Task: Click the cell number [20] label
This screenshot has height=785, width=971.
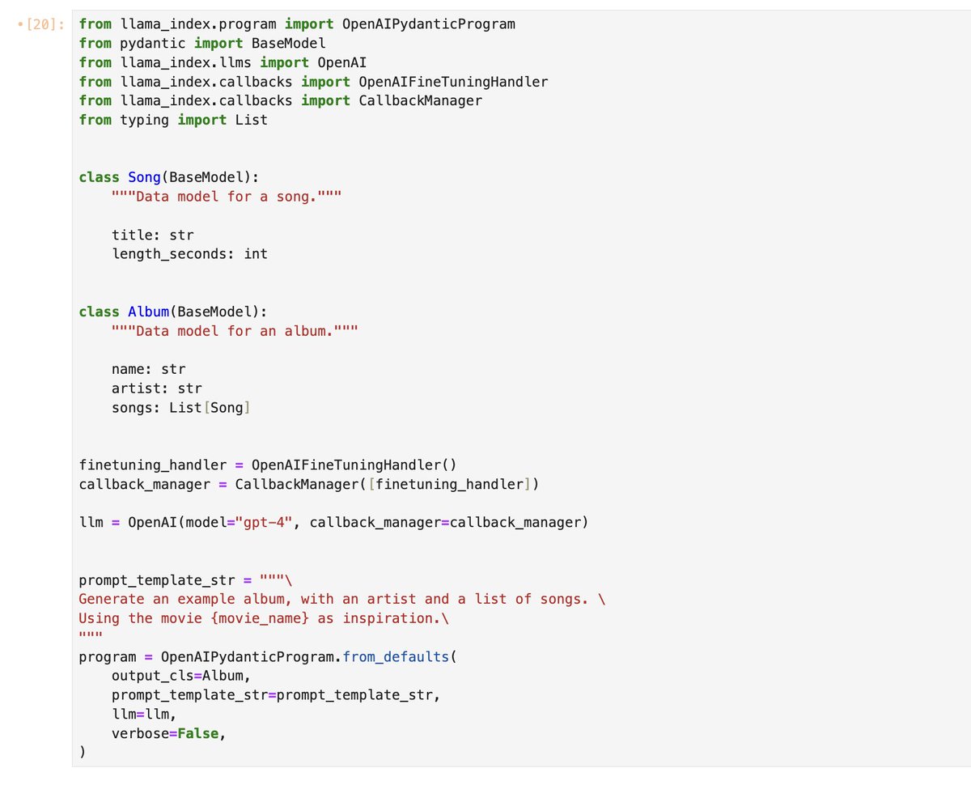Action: (x=45, y=24)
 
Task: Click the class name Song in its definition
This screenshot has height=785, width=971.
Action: (x=144, y=177)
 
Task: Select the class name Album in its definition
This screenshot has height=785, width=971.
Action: (x=148, y=312)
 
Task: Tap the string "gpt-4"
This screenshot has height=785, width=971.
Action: (x=264, y=522)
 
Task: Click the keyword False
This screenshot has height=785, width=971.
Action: (x=198, y=733)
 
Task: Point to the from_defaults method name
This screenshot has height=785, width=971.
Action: (x=396, y=656)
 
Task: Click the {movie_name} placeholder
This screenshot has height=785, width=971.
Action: (x=260, y=618)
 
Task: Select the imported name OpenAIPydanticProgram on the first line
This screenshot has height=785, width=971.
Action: (x=429, y=24)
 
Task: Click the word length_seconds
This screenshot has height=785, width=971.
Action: (x=168, y=253)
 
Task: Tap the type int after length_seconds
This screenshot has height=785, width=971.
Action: (x=255, y=253)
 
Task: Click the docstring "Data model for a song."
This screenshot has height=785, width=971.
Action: (x=227, y=197)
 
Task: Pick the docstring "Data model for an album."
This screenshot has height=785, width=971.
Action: (x=235, y=331)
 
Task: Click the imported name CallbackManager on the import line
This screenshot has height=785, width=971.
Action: (x=420, y=100)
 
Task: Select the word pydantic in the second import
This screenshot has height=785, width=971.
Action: (x=152, y=44)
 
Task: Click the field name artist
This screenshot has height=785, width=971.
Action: (x=136, y=388)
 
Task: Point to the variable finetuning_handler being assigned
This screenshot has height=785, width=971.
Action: (x=152, y=465)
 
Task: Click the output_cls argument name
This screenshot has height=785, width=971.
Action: (x=152, y=676)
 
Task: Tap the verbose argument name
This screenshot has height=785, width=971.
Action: (x=140, y=733)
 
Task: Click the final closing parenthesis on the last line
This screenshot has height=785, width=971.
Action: (x=82, y=752)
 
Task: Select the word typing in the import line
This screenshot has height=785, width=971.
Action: (x=144, y=120)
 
